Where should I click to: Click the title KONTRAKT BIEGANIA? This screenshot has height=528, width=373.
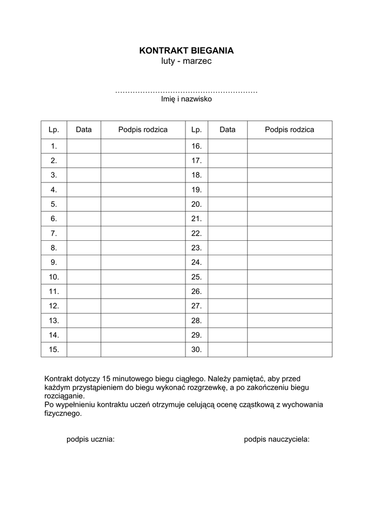tap(186, 51)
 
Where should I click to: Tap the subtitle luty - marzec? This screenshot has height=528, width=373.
tap(186, 61)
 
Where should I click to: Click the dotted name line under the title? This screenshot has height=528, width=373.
tap(186, 92)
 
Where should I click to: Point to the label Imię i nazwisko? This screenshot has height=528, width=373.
tap(186, 100)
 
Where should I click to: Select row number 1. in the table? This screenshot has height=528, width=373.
tap(54, 146)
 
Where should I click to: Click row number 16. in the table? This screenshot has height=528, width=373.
tap(196, 146)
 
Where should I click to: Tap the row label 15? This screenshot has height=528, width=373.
tap(54, 349)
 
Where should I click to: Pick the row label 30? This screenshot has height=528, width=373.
tap(196, 349)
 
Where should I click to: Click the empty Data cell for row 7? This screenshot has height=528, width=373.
tap(83, 233)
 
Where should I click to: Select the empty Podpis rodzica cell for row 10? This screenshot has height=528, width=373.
tap(143, 277)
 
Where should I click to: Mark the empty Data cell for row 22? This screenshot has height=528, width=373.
tap(227, 233)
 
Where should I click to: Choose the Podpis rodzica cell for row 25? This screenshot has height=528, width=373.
tap(290, 277)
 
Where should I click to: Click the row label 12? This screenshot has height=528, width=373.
tap(54, 306)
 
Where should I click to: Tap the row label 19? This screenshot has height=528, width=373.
tap(196, 190)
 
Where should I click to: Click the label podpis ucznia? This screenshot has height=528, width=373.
tap(91, 439)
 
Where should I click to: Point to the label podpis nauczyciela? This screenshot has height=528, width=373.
tap(277, 439)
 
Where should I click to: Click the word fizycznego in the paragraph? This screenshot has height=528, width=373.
tap(62, 414)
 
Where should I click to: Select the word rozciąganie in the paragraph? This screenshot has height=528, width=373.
tap(64, 396)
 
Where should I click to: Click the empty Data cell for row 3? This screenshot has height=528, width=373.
tap(83, 175)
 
